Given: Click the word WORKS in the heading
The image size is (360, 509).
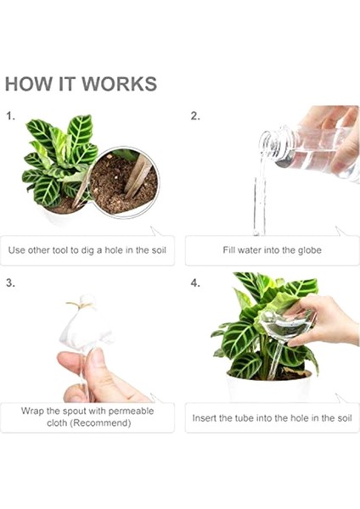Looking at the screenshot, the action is (119, 84).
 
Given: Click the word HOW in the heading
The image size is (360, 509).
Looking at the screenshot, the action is (29, 84).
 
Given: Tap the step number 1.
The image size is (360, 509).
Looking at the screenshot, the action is (11, 116).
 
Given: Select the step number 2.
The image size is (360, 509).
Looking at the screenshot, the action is (195, 116).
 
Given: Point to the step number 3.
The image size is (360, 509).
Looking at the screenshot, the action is (11, 283).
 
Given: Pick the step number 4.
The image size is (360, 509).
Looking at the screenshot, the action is (195, 283).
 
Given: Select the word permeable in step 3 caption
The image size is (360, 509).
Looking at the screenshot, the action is (131, 411).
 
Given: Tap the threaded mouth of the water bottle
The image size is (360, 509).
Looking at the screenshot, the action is (268, 143).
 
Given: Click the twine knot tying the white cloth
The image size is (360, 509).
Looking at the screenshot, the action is (81, 305).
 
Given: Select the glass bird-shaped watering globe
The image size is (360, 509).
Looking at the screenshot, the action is (282, 334).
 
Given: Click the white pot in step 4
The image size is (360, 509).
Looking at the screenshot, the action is (270, 388).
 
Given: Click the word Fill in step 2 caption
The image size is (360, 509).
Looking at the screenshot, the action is (228, 250).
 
